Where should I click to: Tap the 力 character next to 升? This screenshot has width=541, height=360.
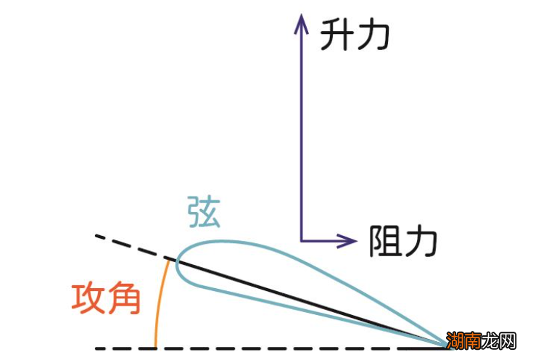pos(374,35)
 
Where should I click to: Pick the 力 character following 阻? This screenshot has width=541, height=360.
pos(421,240)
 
